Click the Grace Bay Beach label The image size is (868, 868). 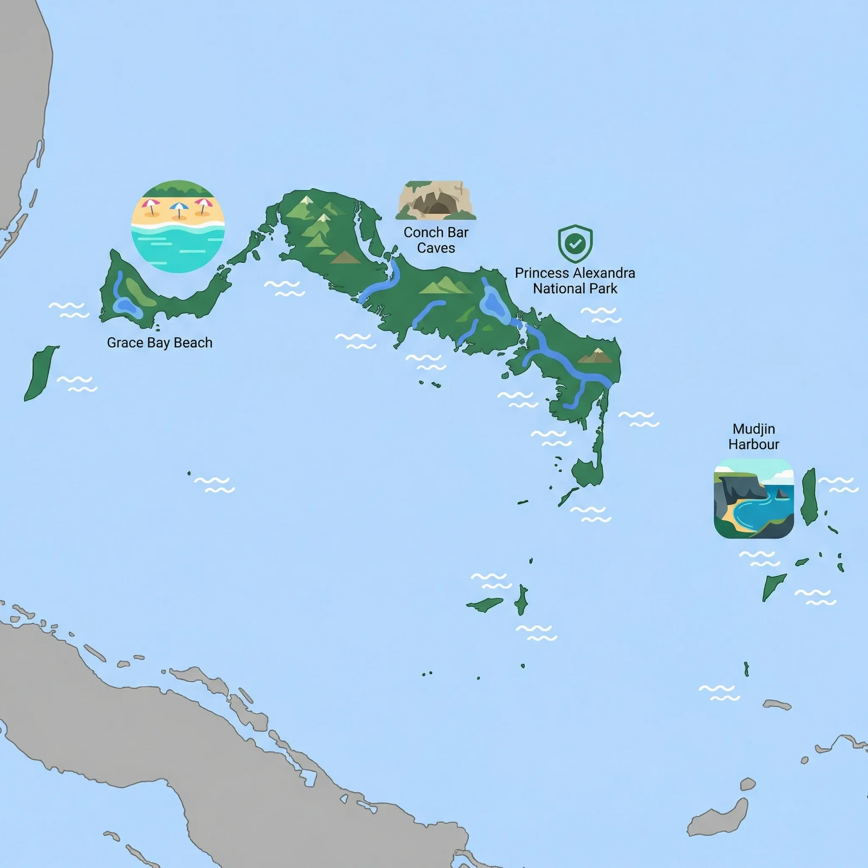tap(159, 343)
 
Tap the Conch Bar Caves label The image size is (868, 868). tap(436, 240)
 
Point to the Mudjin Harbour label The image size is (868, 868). tap(754, 436)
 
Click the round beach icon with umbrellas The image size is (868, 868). tap(178, 226)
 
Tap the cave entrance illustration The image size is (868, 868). tap(435, 200)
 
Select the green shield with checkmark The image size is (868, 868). tap(575, 244)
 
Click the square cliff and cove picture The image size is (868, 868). tap(754, 498)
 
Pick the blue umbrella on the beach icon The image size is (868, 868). tap(179, 207)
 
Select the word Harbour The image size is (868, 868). tap(754, 444)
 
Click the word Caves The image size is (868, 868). tap(436, 248)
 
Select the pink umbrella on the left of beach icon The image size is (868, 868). tap(150, 204)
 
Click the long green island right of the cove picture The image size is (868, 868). tap(809, 496)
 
